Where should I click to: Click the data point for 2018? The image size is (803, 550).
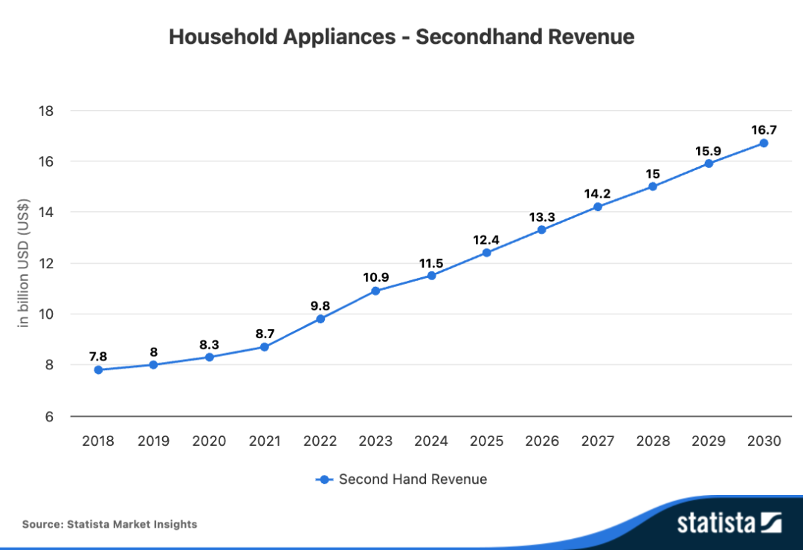pos(98,369)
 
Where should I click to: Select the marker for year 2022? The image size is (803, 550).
pos(320,319)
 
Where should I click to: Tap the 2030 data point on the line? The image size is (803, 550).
pos(764,143)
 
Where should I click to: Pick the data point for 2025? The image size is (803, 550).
pos(486,253)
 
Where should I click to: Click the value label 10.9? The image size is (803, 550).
pos(375,277)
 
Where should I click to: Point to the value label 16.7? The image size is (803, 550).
pos(764,129)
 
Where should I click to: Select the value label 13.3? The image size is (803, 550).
pos(542,216)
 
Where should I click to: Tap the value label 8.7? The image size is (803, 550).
pos(265,334)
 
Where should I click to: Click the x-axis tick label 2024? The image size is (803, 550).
pos(431,441)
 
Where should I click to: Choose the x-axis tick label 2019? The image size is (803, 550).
pos(153,441)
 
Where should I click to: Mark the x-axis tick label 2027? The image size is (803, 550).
pos(597,441)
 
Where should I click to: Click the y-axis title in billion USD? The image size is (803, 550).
pos(24,265)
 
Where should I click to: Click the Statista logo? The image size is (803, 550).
pos(729,522)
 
